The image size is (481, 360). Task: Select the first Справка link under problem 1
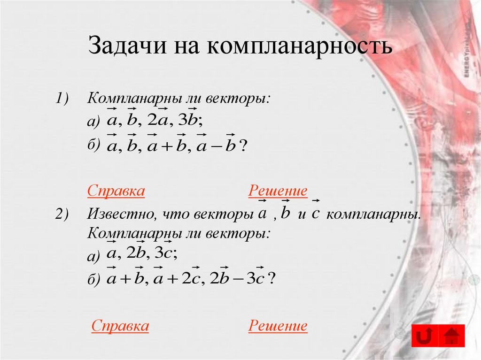point(116,191)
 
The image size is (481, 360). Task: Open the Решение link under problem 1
point(278,191)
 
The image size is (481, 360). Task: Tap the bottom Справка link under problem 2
point(120,326)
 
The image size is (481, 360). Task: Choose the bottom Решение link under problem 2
point(278,326)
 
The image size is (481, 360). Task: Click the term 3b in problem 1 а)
point(190,121)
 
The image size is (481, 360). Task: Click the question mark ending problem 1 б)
point(243,146)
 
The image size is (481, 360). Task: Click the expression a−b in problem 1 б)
point(217,146)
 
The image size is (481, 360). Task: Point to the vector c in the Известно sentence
point(315,213)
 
